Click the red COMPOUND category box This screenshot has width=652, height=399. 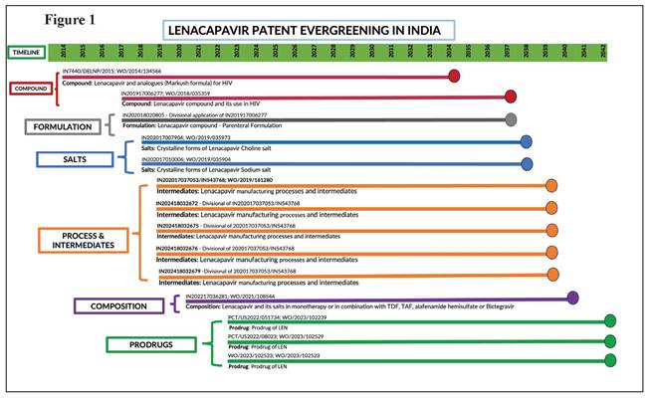tap(31, 88)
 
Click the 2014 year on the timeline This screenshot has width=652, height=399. tap(65, 55)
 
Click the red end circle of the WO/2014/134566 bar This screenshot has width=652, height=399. tap(455, 76)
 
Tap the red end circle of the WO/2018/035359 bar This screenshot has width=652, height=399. tap(511, 97)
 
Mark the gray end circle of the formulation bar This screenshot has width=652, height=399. tap(511, 119)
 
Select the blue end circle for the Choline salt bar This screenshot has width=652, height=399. tap(526, 141)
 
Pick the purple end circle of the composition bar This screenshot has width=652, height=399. tap(572, 298)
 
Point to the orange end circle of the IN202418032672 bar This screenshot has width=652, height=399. tap(552, 207)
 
